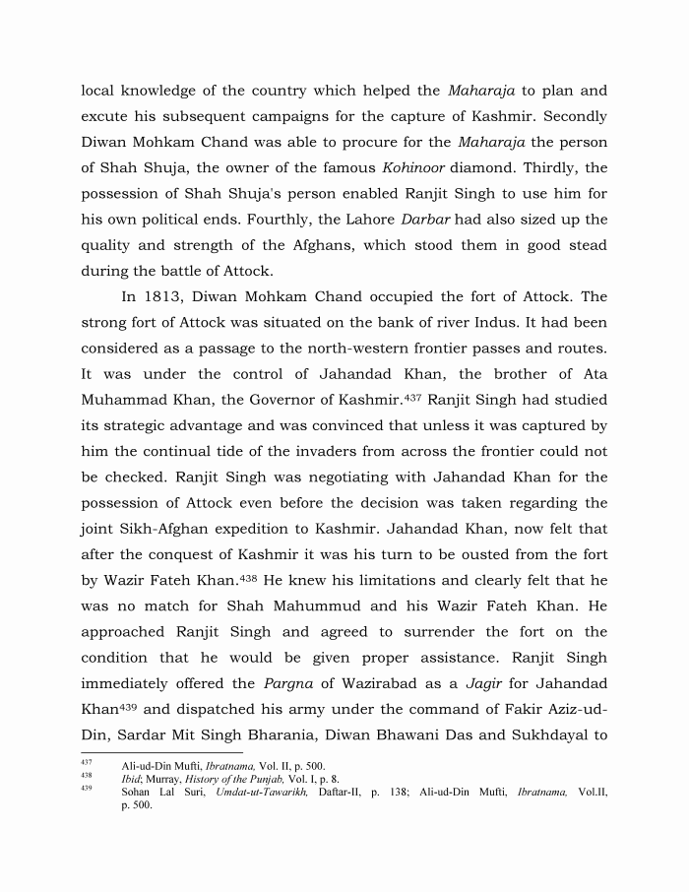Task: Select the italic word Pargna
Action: (x=291, y=657)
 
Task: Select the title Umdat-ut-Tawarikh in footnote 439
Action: (x=262, y=792)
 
